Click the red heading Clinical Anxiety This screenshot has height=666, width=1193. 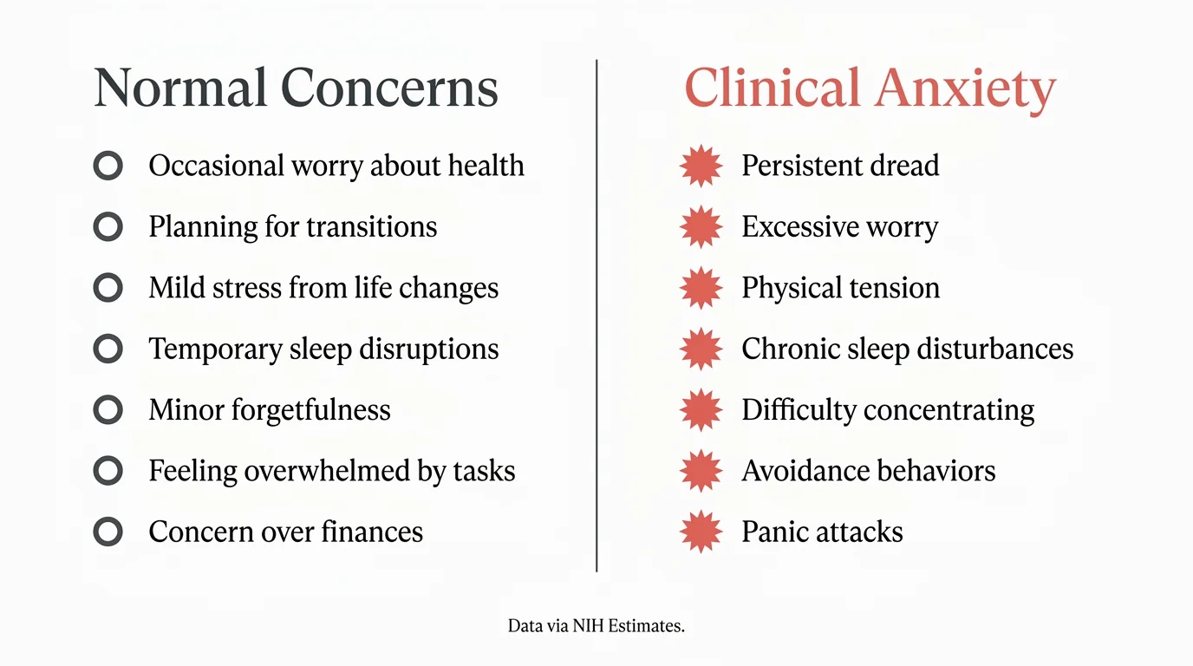[870, 88]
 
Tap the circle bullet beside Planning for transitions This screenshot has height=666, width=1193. [108, 227]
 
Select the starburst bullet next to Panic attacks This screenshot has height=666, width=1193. [701, 532]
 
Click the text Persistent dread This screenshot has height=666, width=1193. [840, 166]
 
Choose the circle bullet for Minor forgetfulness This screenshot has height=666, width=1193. [108, 410]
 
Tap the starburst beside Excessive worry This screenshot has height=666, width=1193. [701, 227]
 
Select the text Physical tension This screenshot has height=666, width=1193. [840, 288]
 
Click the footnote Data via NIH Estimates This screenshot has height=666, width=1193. [596, 625]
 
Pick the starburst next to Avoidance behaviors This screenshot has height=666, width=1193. [701, 471]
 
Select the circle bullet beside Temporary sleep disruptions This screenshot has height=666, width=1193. [108, 349]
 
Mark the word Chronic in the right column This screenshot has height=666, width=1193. [783, 349]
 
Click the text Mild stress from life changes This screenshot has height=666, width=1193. [323, 288]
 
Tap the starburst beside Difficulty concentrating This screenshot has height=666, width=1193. [701, 410]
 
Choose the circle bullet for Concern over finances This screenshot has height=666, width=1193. [108, 532]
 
